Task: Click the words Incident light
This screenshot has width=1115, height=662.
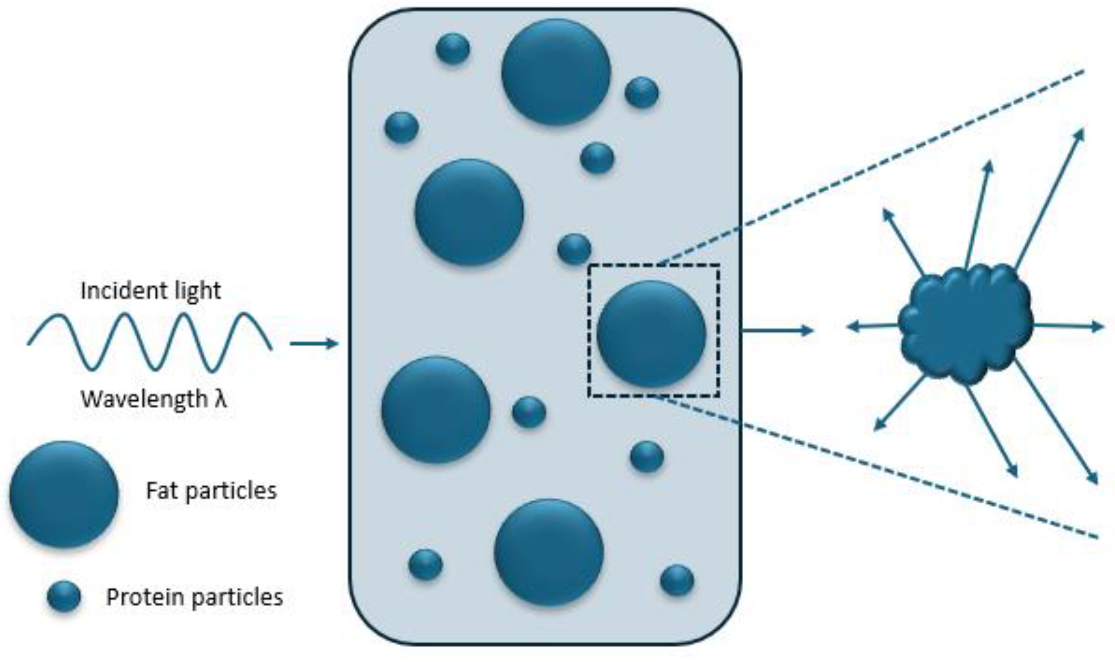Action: pyautogui.click(x=151, y=291)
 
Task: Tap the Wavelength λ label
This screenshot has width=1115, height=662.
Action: pyautogui.click(x=153, y=399)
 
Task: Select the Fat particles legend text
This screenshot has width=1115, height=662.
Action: pyautogui.click(x=211, y=491)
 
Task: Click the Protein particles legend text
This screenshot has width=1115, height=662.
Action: pyautogui.click(x=194, y=597)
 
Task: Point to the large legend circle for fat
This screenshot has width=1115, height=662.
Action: pyautogui.click(x=64, y=494)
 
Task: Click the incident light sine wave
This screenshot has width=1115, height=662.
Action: pyautogui.click(x=149, y=342)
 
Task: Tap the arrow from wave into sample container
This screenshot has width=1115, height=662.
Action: pyautogui.click(x=314, y=344)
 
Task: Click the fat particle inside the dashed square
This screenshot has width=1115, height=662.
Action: pyautogui.click(x=652, y=334)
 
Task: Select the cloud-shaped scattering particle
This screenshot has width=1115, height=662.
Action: pyautogui.click(x=965, y=323)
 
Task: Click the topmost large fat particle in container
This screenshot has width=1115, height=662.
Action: pyautogui.click(x=556, y=72)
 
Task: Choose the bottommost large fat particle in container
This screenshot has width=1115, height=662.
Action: pyautogui.click(x=549, y=552)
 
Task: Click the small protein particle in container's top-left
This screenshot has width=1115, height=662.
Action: pyautogui.click(x=453, y=49)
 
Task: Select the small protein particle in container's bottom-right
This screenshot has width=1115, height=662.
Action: pyautogui.click(x=677, y=580)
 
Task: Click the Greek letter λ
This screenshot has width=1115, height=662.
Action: pyautogui.click(x=220, y=399)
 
